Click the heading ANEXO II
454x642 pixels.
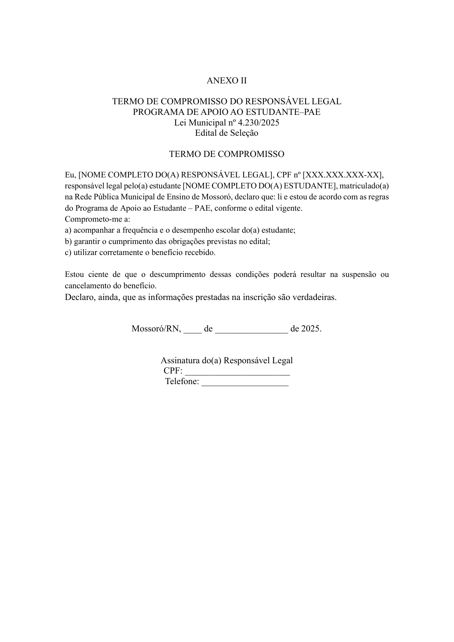tap(226, 80)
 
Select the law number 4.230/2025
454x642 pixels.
tap(259, 123)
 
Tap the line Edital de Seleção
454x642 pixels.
tap(226, 133)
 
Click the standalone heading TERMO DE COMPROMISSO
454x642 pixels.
tap(226, 154)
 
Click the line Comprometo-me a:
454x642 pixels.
tap(98, 219)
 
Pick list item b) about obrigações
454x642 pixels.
tap(167, 241)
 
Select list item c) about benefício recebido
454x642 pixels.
tap(140, 252)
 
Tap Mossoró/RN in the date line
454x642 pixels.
tap(156, 328)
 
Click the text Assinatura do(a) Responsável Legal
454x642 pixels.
tap(226, 360)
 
